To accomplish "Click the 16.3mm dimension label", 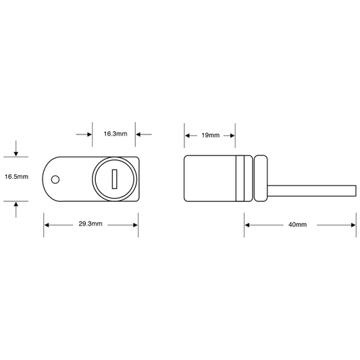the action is coord(115,134).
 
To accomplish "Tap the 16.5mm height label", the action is coord(16,176).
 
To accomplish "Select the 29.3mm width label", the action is coord(91,224).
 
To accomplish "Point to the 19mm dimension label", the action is coord(211,135).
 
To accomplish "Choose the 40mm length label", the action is coord(298,224).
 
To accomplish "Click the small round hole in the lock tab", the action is coord(55,180).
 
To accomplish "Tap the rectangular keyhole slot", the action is coord(114,179).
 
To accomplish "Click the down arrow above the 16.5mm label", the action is coord(16,149).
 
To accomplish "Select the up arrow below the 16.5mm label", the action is coord(16,209).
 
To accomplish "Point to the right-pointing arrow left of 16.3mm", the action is coord(84,134).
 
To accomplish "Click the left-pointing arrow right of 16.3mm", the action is coord(144,134).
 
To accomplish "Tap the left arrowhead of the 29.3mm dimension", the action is coord(47,225).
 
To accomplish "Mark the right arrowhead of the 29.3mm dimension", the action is coord(136,225).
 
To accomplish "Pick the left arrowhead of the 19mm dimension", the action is coord(187,136).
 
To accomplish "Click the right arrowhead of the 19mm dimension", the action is coord(232,136).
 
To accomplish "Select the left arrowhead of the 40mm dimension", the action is coord(247,225).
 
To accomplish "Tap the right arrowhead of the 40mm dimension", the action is coord(353,225).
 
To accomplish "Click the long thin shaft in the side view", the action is coord(312,190).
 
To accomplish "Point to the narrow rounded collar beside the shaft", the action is coord(261,178).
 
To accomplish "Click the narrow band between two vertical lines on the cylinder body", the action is coord(240,178).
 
